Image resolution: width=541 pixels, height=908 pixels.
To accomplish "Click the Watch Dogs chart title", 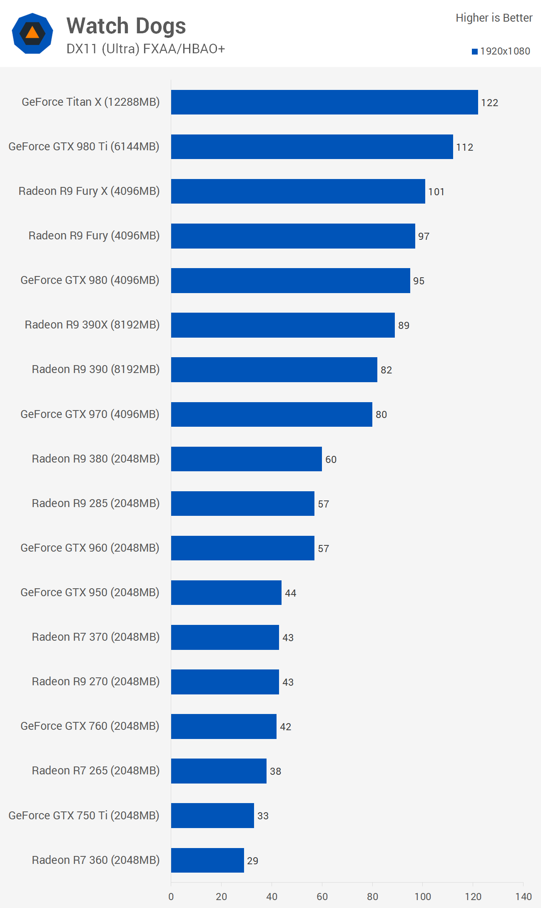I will click(x=126, y=26).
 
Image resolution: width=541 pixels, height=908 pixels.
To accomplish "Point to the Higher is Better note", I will click(x=494, y=18).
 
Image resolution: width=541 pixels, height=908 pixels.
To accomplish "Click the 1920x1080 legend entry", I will click(x=501, y=51).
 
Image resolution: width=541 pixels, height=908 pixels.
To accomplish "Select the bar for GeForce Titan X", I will click(x=324, y=102).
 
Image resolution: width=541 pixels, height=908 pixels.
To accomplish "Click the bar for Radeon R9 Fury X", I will click(x=298, y=192).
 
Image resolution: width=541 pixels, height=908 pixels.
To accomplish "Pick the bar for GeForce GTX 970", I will click(x=272, y=414).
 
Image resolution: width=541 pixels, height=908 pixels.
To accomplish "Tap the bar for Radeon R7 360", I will click(x=207, y=860).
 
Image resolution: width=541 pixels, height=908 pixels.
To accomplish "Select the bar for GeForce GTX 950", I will click(x=226, y=592).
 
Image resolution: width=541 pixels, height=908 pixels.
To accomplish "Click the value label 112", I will click(x=464, y=147).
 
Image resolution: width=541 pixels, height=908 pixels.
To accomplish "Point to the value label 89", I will click(x=404, y=326).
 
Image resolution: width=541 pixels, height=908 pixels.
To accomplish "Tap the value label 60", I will click(x=331, y=460).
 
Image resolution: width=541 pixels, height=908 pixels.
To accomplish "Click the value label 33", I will click(x=263, y=816).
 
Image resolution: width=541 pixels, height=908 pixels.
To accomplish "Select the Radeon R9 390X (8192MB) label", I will click(x=92, y=325).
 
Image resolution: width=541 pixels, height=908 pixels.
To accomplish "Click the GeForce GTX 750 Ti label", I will click(x=84, y=816).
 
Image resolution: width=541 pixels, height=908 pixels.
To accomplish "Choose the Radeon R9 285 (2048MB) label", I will click(x=95, y=503).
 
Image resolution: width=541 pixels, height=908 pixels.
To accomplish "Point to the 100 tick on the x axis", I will click(x=422, y=897).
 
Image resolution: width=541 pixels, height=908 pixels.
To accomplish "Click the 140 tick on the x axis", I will click(x=523, y=897).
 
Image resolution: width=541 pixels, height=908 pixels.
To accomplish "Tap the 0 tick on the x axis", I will click(x=171, y=897).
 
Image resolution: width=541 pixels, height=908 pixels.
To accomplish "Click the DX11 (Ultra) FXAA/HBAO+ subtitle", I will click(x=145, y=49).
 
